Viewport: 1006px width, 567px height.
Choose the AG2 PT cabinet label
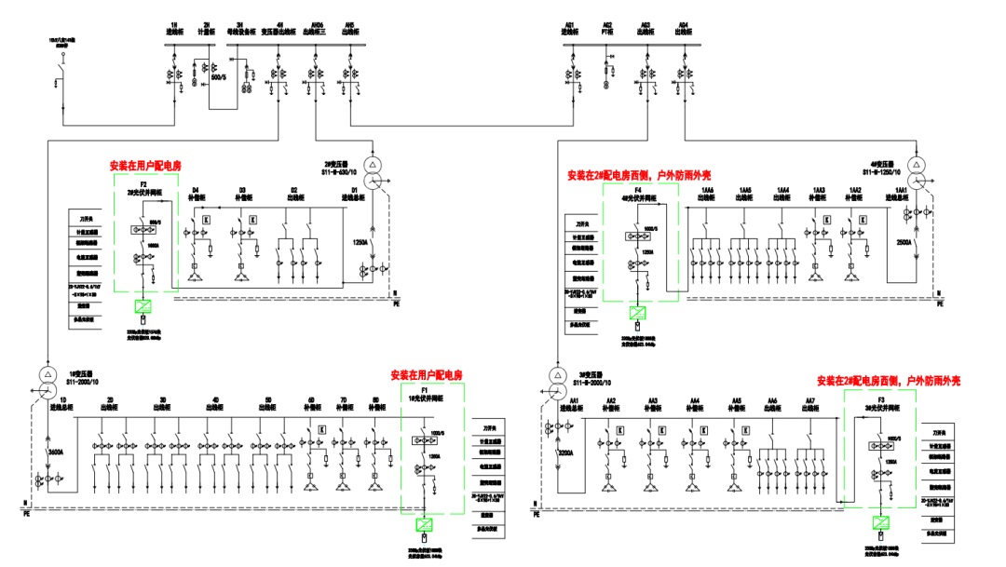(x=607, y=28)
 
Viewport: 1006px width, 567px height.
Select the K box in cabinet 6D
(x=321, y=429)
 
